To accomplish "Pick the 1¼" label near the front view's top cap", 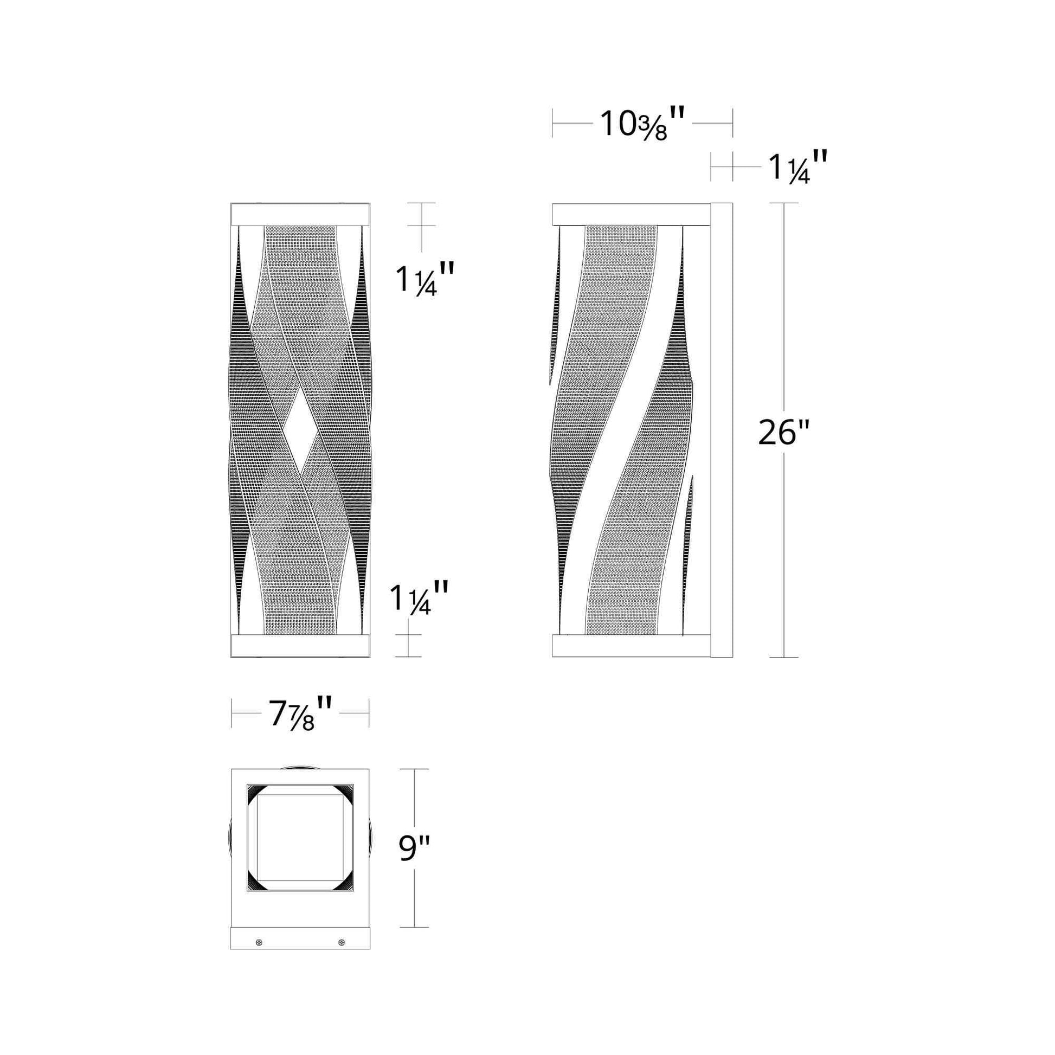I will coord(424,280).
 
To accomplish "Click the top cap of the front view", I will coord(300,214).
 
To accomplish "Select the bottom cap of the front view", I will coord(300,646).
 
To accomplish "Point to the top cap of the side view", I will coord(631,214).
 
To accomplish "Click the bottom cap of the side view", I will coord(631,646).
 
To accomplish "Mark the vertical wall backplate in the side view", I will coord(721,430).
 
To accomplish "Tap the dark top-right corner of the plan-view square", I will coord(345,793).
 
